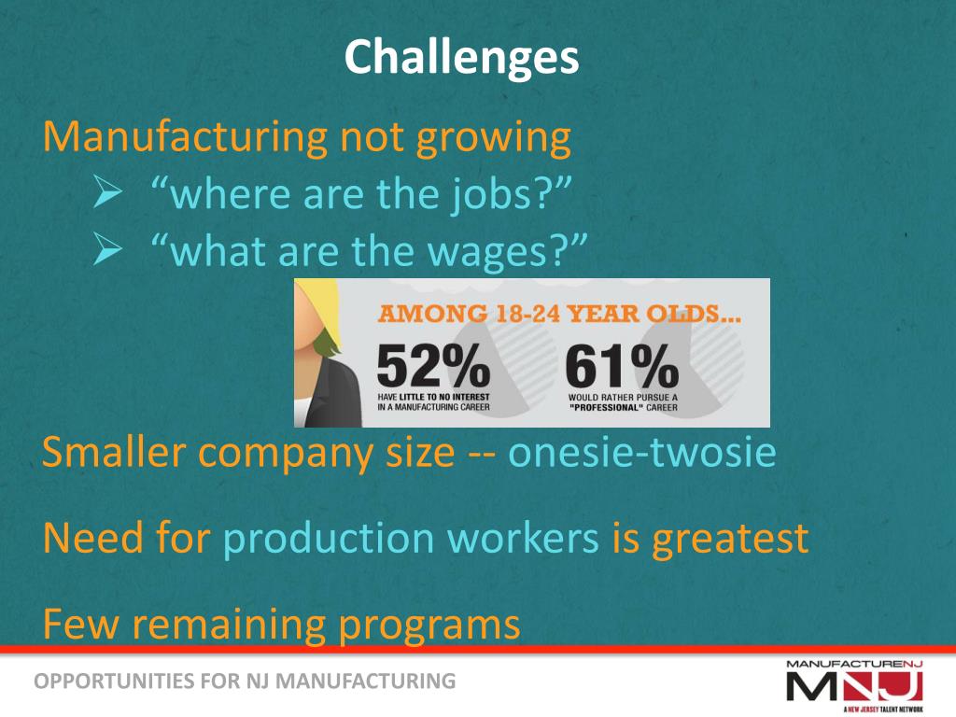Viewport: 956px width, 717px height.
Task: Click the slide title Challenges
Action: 461,58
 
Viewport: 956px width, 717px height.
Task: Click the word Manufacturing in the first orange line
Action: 185,137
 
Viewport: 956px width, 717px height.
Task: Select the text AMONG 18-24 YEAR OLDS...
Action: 559,315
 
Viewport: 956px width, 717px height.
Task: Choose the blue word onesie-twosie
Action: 642,453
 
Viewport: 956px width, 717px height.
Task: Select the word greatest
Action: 729,539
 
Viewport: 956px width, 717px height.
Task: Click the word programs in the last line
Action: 429,624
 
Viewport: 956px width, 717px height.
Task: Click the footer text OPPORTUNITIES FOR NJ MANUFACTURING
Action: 245,681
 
